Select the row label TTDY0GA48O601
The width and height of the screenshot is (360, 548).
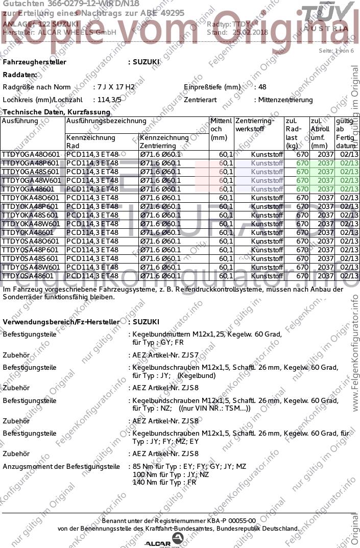31,154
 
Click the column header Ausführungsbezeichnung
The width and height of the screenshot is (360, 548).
106,122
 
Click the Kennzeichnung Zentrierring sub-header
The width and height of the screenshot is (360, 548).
164,142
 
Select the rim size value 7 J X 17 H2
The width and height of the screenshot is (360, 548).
114,87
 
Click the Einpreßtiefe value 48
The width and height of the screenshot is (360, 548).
262,87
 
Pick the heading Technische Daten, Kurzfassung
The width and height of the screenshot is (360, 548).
56,112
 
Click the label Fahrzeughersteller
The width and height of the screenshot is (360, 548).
35,62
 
